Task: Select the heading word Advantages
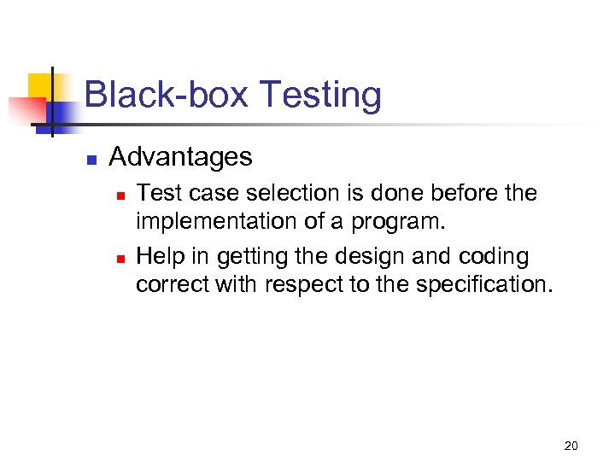click(181, 157)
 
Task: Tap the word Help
click(160, 256)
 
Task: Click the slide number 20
click(571, 446)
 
